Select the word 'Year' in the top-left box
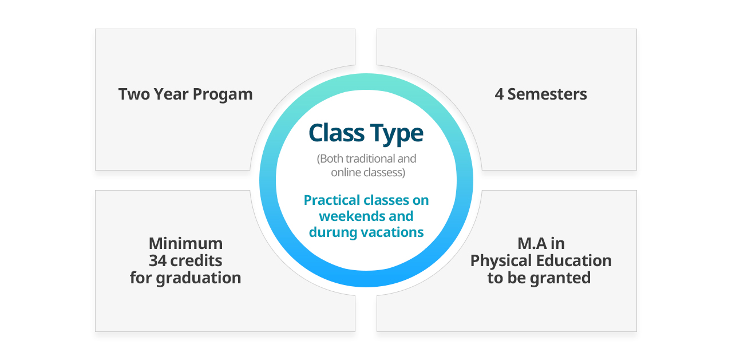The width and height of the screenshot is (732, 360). pos(171,94)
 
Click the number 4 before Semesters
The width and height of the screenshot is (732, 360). pos(498,94)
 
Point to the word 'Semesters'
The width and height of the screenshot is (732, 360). pos(547,94)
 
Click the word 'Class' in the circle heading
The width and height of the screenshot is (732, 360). pos(337,133)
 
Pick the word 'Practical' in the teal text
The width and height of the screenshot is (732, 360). pos(332,200)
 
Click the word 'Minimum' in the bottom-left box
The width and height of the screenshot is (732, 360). pos(185,244)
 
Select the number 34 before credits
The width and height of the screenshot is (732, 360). pos(158,260)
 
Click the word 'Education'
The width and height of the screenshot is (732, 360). pos(574,260)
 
